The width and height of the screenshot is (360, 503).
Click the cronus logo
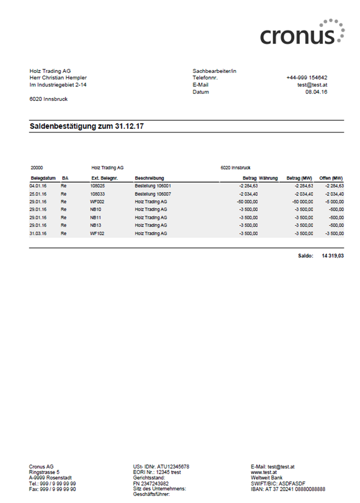click(302, 33)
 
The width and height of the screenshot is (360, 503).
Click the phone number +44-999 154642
click(306, 78)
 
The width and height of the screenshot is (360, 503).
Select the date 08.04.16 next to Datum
click(316, 92)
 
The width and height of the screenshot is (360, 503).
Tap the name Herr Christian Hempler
click(58, 78)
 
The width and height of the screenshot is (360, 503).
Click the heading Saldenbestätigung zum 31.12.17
click(87, 126)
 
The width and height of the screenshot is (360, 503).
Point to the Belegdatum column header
click(43, 178)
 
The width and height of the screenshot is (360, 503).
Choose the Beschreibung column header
click(149, 178)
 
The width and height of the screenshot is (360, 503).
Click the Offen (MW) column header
click(331, 178)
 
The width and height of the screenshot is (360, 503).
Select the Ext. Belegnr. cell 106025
click(97, 186)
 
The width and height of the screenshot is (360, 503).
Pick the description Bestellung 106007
click(152, 194)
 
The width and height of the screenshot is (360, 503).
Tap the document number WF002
click(97, 201)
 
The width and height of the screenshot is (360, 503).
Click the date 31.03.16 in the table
click(38, 233)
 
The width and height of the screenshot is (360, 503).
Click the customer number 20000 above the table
click(37, 167)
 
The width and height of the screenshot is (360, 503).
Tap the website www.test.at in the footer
click(264, 472)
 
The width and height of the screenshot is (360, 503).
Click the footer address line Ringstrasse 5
click(44, 472)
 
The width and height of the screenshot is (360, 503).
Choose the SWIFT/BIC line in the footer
click(279, 483)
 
